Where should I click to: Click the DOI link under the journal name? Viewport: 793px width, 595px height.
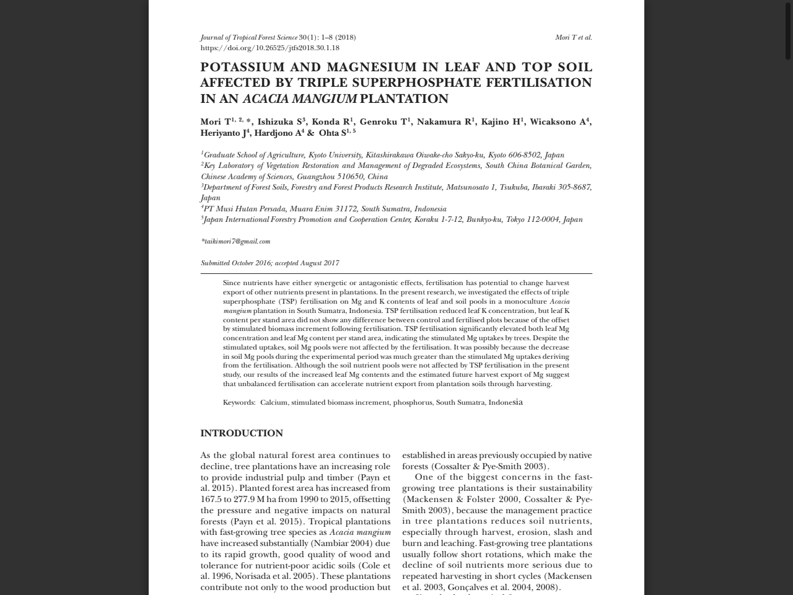coord(269,48)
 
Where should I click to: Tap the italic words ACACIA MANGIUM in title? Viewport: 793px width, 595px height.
coord(299,99)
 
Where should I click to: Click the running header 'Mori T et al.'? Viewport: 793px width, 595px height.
coord(573,37)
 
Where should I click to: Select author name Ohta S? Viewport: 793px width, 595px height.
coord(333,133)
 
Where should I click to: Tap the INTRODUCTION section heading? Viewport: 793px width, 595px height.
coord(242,433)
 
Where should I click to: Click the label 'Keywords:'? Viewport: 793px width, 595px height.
coord(239,402)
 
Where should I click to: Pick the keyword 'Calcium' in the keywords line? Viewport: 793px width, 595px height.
coord(274,402)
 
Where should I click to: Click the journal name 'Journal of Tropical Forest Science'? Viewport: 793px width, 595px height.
coord(249,37)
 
